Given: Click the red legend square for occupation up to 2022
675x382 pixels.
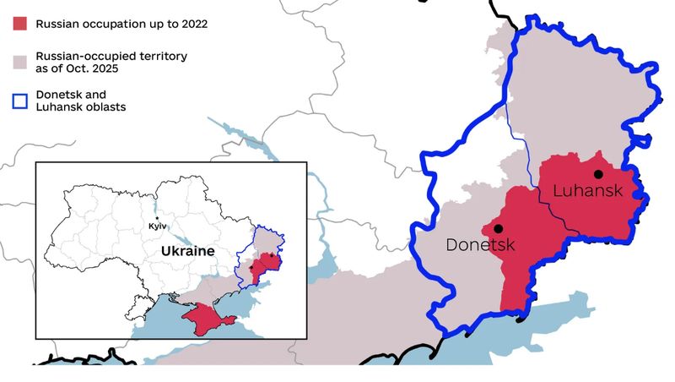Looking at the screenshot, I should tap(19, 24).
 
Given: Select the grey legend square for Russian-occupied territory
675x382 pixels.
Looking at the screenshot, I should tap(19, 62).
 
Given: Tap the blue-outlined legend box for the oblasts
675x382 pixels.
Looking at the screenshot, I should tap(19, 100).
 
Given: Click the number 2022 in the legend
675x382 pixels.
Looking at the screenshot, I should tap(190, 24).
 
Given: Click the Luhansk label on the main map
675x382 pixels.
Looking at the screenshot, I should tap(587, 191).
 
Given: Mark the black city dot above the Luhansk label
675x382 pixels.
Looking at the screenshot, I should tap(597, 174).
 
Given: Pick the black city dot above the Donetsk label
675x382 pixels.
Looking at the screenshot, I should tap(499, 228).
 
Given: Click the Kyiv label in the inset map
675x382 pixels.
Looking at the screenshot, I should tap(157, 226).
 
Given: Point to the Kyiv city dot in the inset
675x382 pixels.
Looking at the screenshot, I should tap(157, 218).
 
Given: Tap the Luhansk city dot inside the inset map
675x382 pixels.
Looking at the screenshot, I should tap(271, 256).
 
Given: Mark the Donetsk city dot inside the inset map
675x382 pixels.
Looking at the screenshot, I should tap(251, 269).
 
